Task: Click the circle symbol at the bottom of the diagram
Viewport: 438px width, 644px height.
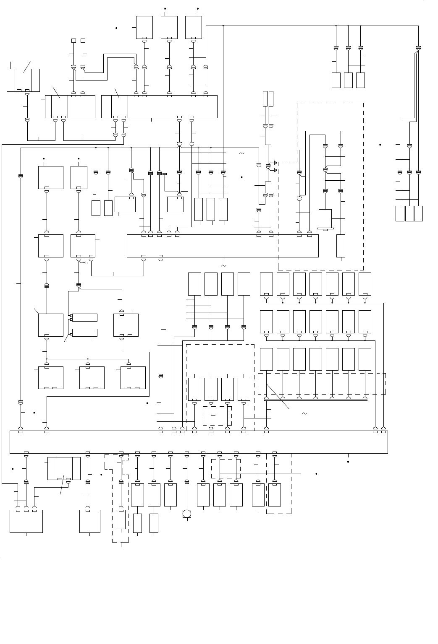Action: [x=187, y=514]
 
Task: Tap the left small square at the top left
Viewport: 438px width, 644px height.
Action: [x=73, y=41]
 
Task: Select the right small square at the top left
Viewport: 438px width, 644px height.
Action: [x=83, y=41]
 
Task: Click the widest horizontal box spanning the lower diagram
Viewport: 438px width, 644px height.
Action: [x=199, y=442]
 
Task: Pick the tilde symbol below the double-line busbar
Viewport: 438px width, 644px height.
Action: [x=304, y=414]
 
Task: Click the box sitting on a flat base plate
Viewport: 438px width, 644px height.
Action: [x=325, y=219]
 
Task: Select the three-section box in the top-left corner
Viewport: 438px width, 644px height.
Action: [x=24, y=80]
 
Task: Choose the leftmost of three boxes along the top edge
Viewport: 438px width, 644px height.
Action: [x=144, y=27]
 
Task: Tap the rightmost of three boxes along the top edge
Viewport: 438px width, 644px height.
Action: [x=193, y=27]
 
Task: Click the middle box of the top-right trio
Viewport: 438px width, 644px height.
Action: [x=348, y=80]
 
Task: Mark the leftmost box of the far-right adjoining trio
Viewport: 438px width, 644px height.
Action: [x=400, y=213]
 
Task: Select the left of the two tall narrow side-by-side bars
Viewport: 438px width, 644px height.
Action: [x=265, y=99]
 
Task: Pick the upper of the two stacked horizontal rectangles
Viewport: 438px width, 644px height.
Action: [x=85, y=317]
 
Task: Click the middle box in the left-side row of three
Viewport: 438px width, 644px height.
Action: [x=92, y=377]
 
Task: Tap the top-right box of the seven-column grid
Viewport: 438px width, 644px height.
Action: [x=365, y=284]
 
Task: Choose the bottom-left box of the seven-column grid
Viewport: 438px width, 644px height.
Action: [x=266, y=359]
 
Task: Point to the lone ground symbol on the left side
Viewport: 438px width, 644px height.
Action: [x=85, y=263]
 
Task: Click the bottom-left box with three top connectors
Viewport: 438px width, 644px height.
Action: [x=26, y=521]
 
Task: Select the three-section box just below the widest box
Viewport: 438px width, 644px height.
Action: [x=64, y=468]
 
